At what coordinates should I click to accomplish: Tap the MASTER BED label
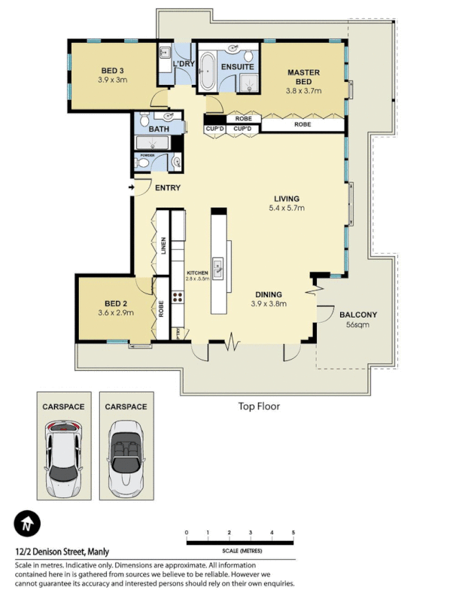[x=303, y=73]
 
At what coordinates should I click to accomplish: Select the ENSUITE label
[x=237, y=66]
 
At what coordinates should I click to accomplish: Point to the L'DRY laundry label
[x=184, y=64]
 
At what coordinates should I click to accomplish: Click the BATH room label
[x=158, y=129]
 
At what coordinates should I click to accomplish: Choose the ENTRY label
[x=167, y=188]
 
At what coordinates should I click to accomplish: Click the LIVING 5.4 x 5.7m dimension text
[x=288, y=208]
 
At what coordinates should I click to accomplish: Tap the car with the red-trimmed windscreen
[x=62, y=459]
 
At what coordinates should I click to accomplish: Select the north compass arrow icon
[x=27, y=523]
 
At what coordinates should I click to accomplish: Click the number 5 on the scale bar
[x=293, y=533]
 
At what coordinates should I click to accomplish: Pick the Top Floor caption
[x=259, y=406]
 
